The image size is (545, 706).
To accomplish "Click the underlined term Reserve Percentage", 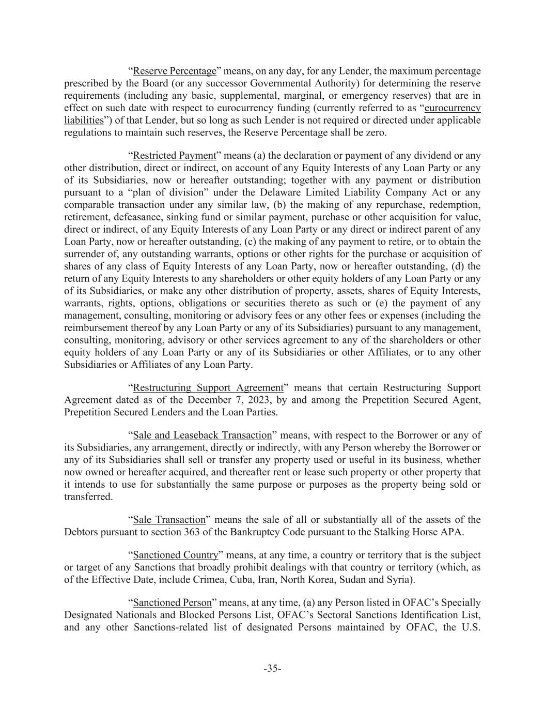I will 174,71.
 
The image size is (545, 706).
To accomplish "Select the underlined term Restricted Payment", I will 174,156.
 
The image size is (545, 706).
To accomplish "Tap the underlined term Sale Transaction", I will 169,520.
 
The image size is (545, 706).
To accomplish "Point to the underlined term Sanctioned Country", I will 176,555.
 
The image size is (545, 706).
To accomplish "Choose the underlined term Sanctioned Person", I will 173,603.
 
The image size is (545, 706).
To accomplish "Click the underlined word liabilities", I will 84,120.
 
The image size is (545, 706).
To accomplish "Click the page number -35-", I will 272,669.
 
